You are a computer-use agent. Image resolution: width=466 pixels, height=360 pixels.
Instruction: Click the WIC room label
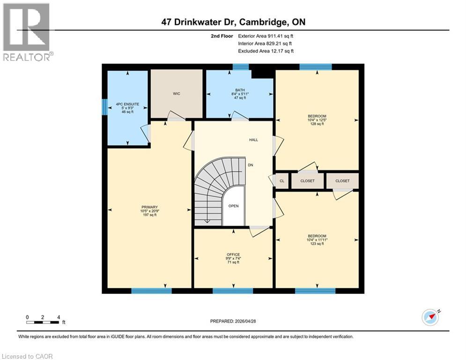(x=176, y=94)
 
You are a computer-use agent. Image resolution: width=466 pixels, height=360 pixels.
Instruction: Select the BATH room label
(x=240, y=94)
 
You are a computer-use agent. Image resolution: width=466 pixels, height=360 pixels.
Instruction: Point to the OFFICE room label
(x=233, y=258)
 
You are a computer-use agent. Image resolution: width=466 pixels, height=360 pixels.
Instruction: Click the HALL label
(x=253, y=140)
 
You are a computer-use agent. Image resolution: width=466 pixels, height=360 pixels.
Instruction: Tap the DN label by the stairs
(x=251, y=165)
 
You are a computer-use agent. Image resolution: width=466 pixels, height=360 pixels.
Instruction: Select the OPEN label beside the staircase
(x=233, y=206)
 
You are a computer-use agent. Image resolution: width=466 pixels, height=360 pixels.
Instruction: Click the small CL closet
(x=282, y=181)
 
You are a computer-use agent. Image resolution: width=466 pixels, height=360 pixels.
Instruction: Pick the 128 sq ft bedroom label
(x=317, y=120)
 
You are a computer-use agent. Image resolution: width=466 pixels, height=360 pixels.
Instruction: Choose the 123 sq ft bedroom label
(x=317, y=240)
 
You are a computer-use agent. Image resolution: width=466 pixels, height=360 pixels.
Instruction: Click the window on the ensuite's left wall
(x=104, y=106)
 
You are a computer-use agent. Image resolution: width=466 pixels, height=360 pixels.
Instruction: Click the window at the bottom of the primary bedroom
(x=151, y=291)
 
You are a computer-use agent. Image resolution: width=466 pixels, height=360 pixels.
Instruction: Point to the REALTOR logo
(x=27, y=32)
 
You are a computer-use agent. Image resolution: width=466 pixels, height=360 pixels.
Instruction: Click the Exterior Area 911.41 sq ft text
(x=266, y=36)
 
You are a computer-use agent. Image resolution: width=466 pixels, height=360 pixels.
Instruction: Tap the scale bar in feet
(x=44, y=322)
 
